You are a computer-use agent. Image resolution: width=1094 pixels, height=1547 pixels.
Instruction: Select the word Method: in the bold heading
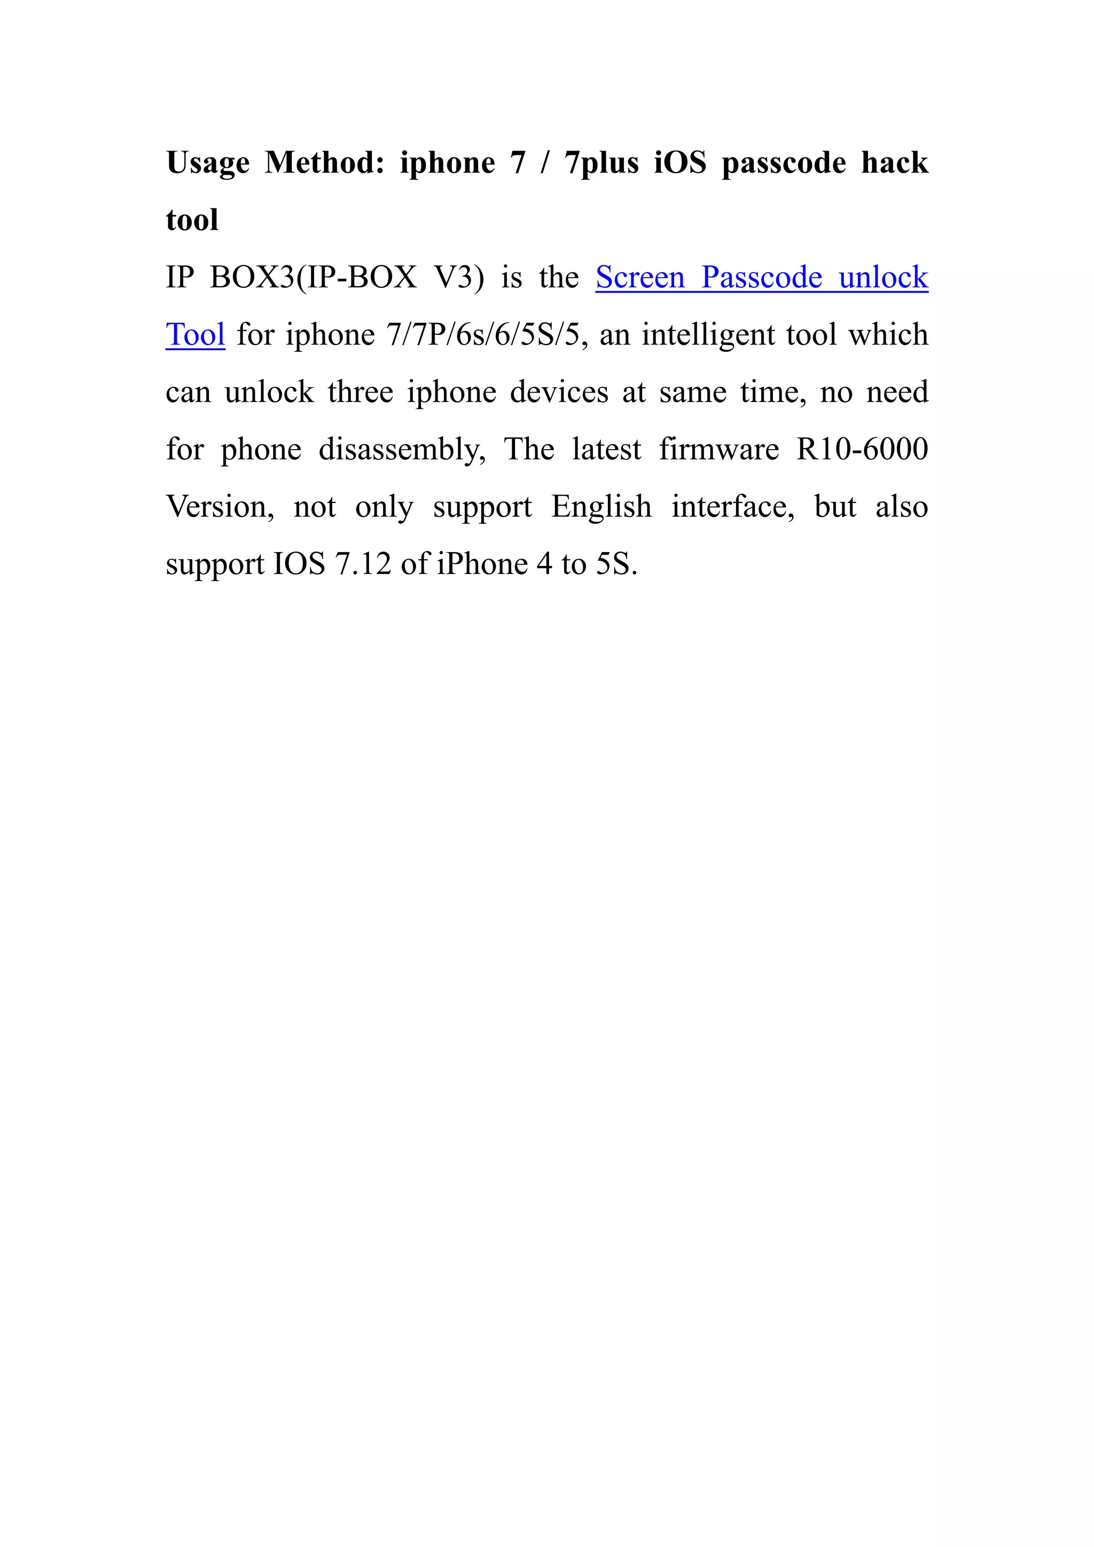[324, 162]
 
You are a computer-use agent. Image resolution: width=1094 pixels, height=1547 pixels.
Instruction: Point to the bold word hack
[894, 162]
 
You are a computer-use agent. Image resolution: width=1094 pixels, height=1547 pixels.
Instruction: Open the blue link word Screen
[640, 278]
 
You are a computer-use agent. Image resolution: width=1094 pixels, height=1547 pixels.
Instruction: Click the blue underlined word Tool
[195, 335]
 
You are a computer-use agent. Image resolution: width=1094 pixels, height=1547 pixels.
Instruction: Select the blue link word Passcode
[762, 278]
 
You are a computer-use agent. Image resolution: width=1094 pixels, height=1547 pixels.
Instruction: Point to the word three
[360, 392]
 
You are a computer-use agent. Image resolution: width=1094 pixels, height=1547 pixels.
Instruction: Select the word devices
[559, 392]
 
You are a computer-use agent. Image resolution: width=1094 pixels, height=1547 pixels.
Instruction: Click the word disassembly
[402, 450]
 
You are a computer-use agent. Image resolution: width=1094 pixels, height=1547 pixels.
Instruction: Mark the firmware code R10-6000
[862, 450]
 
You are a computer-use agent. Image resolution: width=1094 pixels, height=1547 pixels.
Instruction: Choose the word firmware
[718, 450]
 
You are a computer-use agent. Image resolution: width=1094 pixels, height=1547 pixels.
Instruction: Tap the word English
[601, 507]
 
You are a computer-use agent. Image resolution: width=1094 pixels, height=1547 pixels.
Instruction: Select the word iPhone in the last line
[482, 564]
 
